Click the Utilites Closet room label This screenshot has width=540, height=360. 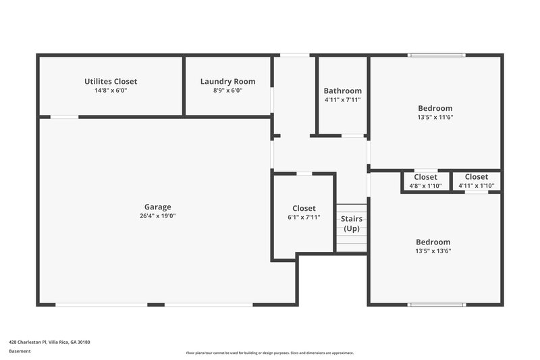tap(111, 82)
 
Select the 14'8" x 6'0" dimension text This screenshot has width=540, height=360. tap(111, 91)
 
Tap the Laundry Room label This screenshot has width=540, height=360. tap(227, 82)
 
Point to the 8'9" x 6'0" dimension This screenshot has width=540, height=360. tap(227, 91)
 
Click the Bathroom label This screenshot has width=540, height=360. tap(342, 91)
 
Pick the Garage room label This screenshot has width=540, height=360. tap(157, 207)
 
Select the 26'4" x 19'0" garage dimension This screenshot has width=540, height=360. tap(157, 216)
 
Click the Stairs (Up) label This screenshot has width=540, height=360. tap(351, 224)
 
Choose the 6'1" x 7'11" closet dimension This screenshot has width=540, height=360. tap(304, 217)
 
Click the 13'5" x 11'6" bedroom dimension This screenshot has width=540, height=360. tap(435, 117)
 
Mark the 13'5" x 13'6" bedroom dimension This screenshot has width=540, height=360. tap(433, 251)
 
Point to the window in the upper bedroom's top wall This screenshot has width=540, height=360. tap(436, 55)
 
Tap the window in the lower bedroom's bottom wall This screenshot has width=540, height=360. tap(437, 305)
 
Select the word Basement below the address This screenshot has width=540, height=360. tap(20, 351)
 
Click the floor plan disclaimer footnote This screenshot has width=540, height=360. tap(270, 353)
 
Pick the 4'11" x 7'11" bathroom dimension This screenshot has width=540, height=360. tap(342, 100)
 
